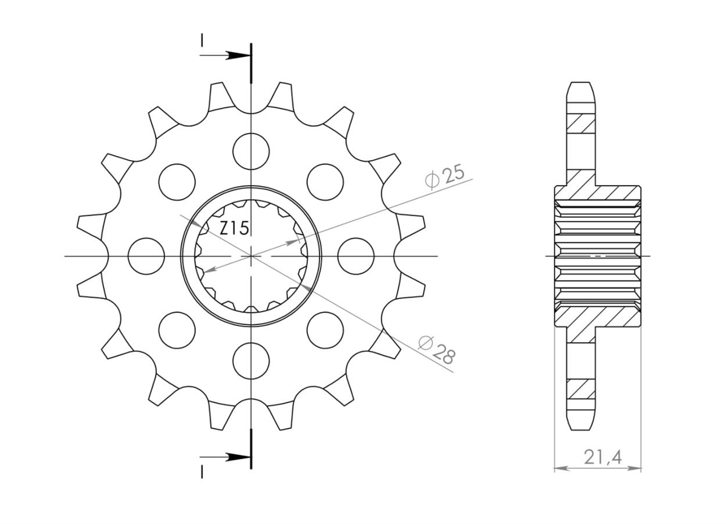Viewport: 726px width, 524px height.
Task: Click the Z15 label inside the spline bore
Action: pos(234,228)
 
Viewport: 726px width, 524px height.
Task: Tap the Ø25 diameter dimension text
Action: pos(445,178)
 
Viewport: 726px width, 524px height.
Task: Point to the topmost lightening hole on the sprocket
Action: pos(251,151)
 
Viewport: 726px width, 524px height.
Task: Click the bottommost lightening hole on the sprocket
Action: pos(251,361)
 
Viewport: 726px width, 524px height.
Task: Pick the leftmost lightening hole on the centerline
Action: pos(146,256)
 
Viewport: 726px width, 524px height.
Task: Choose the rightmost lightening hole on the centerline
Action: pos(356,256)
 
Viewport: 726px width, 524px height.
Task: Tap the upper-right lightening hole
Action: pos(325,182)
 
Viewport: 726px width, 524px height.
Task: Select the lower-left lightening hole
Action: pos(177,331)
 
